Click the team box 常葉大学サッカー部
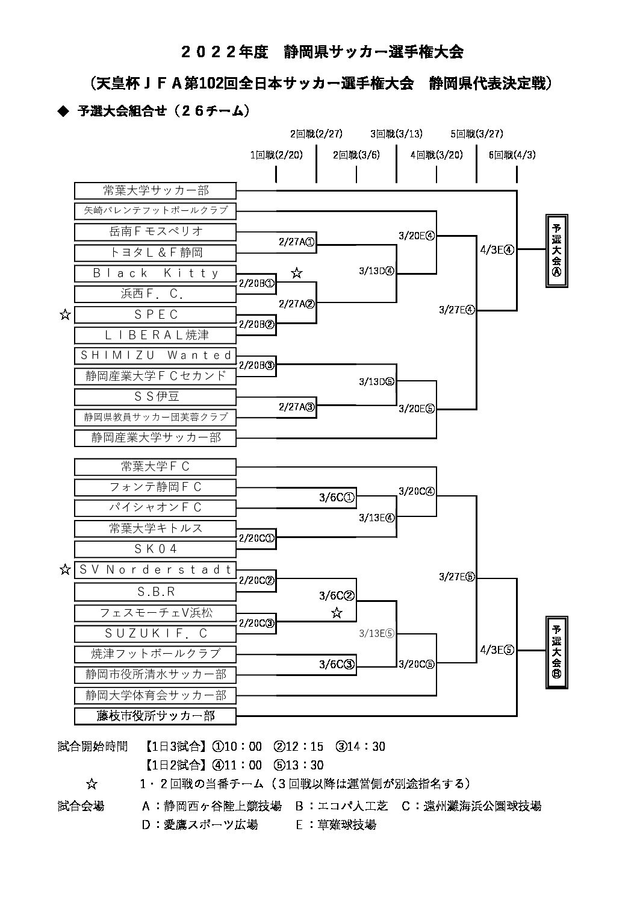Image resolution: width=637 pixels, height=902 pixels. click(x=155, y=190)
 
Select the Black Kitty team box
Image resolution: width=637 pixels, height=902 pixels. click(x=155, y=274)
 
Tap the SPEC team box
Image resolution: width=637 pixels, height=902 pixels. click(x=155, y=315)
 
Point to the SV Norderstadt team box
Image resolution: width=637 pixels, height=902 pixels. click(x=155, y=570)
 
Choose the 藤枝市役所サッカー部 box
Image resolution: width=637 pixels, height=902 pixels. click(x=155, y=716)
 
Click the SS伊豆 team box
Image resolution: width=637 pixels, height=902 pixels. click(x=155, y=396)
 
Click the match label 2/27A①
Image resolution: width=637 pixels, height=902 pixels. click(x=297, y=242)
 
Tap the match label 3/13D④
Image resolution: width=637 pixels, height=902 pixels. click(x=377, y=271)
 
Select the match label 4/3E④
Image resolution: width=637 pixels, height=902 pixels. click(x=497, y=249)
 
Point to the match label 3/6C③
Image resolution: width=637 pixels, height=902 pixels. click(x=337, y=664)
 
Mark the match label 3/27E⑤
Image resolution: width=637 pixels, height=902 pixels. click(x=457, y=577)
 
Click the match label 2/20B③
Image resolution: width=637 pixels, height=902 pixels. click(x=256, y=365)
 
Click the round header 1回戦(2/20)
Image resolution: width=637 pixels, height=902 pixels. click(x=276, y=155)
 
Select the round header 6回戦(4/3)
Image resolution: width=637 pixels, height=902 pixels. click(x=512, y=155)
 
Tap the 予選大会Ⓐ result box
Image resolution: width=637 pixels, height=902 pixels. click(x=556, y=251)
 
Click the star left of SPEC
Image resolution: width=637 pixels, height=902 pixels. click(x=65, y=315)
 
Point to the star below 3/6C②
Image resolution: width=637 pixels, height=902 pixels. click(x=337, y=613)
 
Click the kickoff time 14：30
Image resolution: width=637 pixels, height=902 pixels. click(x=361, y=747)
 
